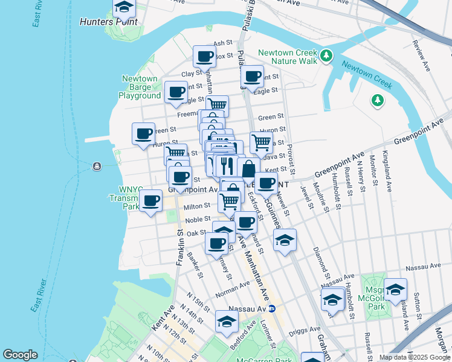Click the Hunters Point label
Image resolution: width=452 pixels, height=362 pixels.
click(x=108, y=22)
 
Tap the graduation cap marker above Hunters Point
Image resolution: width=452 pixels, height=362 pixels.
click(x=124, y=8)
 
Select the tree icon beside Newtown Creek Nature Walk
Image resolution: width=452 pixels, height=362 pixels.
click(x=326, y=56)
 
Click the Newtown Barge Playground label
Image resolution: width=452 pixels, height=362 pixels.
click(x=140, y=87)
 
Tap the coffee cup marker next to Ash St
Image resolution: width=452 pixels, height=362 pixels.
click(x=205, y=57)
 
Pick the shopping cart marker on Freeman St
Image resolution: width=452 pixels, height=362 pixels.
click(x=217, y=106)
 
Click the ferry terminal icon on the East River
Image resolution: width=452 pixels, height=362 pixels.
click(x=96, y=167)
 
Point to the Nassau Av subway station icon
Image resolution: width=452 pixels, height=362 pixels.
click(x=272, y=309)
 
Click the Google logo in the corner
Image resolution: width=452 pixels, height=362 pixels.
click(x=20, y=355)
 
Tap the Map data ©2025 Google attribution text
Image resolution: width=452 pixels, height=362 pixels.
click(x=414, y=357)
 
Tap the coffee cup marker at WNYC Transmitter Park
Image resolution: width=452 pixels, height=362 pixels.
click(x=151, y=201)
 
